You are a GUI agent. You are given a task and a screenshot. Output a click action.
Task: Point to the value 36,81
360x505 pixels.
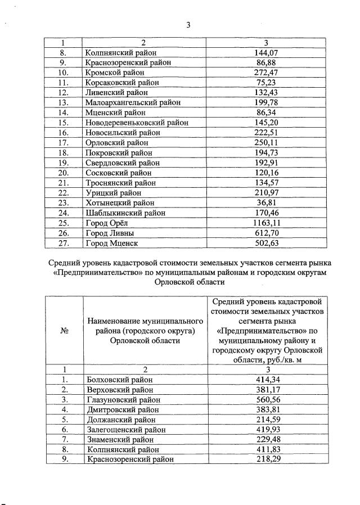tap(267, 202)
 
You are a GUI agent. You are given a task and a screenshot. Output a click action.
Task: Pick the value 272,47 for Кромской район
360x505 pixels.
tap(267, 73)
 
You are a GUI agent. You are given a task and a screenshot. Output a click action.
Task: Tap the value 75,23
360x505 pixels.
tap(267, 83)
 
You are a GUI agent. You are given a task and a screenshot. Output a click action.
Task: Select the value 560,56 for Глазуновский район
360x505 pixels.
tap(267, 399)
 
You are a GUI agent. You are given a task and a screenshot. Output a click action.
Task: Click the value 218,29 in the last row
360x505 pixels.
tap(267, 459)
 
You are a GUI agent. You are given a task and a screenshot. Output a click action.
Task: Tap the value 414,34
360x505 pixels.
tap(267, 380)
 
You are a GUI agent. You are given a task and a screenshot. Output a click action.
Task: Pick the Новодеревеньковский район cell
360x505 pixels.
tap(137, 123)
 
